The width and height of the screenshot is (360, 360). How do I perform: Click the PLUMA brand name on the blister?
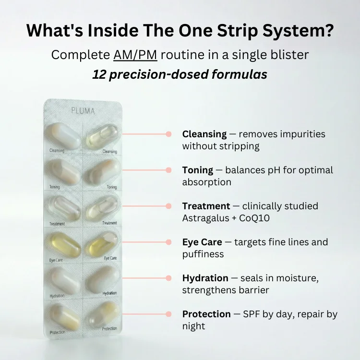coord(83,110)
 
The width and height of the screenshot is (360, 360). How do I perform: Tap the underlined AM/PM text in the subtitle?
coord(135,55)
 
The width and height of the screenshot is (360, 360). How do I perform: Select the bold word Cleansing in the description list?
coord(204,134)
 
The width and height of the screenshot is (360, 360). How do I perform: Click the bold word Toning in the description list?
coord(197,170)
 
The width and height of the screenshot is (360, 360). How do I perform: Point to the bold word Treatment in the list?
coord(206,206)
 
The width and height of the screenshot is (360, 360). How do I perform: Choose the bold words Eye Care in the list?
coord(202,242)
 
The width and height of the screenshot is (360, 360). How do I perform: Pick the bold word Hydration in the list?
coord(205,278)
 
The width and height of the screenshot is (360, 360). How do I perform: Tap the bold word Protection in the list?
coord(206,314)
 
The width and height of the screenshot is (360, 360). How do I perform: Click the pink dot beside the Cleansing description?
coord(168,134)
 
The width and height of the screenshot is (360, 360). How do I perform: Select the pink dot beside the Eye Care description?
coord(168,242)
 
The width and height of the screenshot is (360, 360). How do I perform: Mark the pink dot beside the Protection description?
coord(168,314)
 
